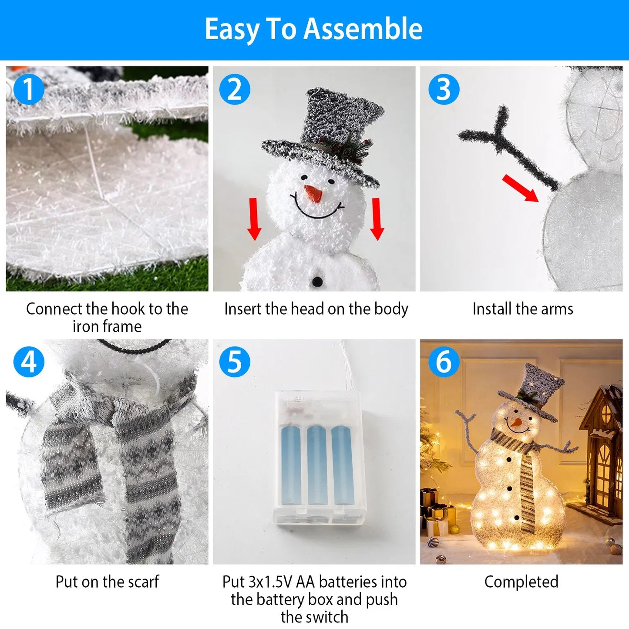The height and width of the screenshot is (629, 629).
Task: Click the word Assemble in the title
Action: [363, 29]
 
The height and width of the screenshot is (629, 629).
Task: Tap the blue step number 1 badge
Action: [29, 89]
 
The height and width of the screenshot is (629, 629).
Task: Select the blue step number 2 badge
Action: [235, 89]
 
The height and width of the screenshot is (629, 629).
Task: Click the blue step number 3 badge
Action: [444, 89]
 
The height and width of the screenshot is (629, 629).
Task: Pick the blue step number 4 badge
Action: [29, 362]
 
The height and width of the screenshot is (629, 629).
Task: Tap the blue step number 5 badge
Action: [235, 362]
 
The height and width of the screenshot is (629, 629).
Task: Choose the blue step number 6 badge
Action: [444, 362]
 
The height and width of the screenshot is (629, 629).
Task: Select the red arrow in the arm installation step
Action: [521, 188]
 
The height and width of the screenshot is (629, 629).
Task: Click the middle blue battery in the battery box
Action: [316, 466]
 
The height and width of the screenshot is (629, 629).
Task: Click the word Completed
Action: [521, 582]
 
